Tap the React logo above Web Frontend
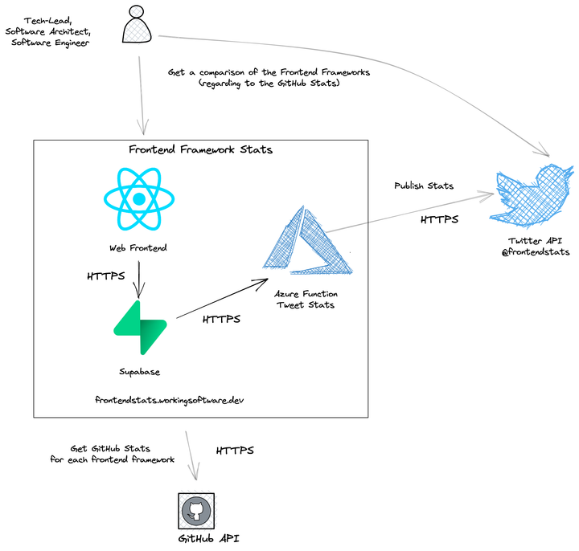[138, 198]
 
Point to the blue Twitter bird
[534, 197]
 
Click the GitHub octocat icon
[195, 510]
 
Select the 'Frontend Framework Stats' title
[200, 149]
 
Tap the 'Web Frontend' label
[138, 248]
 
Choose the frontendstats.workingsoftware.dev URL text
[169, 399]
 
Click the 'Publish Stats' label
[423, 186]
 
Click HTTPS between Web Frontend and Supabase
[106, 276]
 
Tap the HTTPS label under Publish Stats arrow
[440, 218]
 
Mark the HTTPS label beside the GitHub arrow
[235, 451]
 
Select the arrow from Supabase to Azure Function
[221, 297]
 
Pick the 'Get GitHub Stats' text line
[111, 447]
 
